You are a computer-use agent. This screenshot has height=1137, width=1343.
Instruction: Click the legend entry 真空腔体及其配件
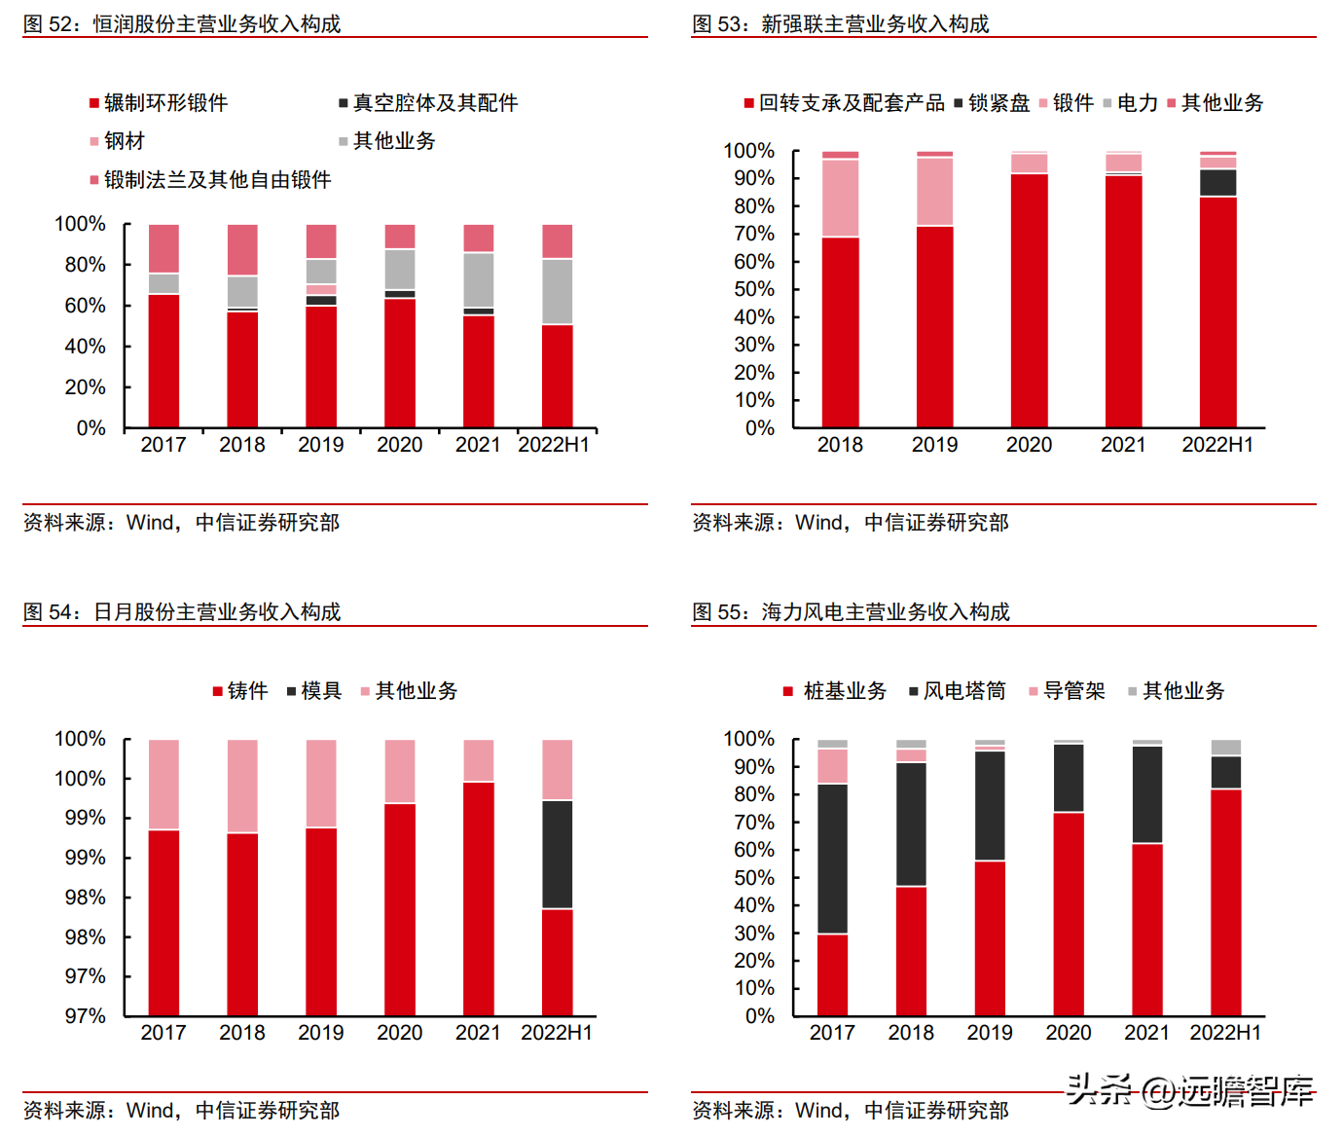[x=429, y=103]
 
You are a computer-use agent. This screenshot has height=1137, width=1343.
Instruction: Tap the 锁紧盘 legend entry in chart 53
[x=992, y=103]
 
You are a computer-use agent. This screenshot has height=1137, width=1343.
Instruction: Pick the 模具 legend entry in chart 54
[x=314, y=690]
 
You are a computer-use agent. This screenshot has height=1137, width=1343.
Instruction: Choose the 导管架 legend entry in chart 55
[x=1067, y=690]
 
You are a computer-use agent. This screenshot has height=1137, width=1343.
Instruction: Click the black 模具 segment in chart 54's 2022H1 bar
[x=558, y=855]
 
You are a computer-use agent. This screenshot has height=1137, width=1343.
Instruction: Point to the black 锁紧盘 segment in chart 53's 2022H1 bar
[x=1218, y=183]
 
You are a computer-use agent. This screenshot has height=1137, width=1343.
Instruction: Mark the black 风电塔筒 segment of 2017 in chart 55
[x=832, y=859]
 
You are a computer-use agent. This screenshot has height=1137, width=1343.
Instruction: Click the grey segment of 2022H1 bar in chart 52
[x=558, y=291]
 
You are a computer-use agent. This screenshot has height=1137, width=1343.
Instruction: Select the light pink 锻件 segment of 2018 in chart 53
[x=840, y=198]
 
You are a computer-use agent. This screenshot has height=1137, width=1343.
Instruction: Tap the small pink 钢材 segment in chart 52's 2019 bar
[x=321, y=290]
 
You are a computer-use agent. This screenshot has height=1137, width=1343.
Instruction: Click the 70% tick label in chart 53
[x=753, y=234]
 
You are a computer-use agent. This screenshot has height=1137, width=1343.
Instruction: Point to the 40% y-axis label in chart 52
[x=85, y=346]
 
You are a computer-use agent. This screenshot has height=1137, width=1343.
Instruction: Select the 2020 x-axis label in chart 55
[x=1069, y=1032]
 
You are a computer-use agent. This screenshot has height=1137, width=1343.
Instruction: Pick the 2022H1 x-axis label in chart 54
[x=557, y=1032]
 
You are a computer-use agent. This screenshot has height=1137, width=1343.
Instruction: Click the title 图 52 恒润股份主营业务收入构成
[x=182, y=24]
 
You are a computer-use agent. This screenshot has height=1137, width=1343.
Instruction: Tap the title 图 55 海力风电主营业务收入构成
[x=852, y=611]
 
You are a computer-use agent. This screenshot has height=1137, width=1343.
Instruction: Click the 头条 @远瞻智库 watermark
[x=1190, y=1090]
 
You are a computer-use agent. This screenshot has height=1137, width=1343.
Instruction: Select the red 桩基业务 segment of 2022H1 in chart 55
[x=1226, y=902]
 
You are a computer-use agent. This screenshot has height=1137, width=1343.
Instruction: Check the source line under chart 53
[x=851, y=522]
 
